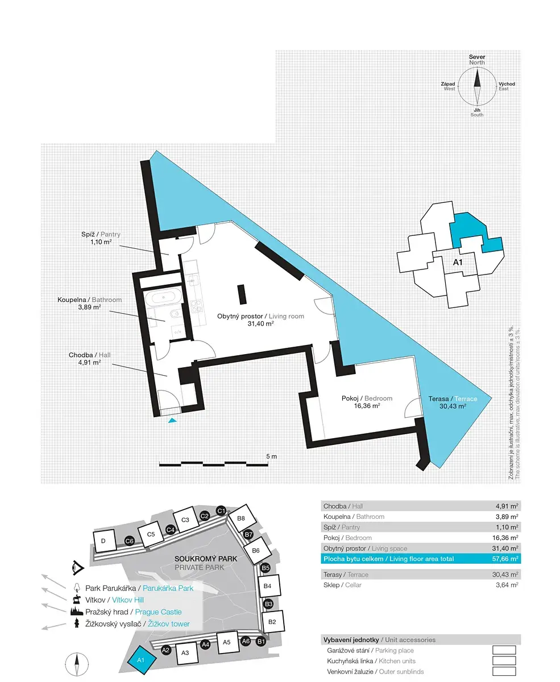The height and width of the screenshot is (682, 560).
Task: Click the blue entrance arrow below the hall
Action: [x=172, y=421]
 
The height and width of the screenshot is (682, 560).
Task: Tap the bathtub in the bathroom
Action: [x=163, y=297]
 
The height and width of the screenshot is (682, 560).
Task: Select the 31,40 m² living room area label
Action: [x=261, y=324]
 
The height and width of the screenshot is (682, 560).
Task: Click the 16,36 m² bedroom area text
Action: [x=367, y=406]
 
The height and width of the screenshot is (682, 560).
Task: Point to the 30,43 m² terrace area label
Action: [x=453, y=406]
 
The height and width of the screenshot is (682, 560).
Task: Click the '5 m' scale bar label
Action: [x=271, y=456]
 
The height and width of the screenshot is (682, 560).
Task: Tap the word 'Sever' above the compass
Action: [x=477, y=57]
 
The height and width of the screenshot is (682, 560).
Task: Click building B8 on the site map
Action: [x=242, y=518]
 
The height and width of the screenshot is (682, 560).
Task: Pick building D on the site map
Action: [x=104, y=540]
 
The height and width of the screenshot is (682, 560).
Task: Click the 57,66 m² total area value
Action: [x=505, y=559]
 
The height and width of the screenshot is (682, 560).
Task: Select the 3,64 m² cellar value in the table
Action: [x=507, y=585]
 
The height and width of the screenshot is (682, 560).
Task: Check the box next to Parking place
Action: [x=504, y=650]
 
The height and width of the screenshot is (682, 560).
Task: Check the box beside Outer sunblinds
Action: [x=504, y=671]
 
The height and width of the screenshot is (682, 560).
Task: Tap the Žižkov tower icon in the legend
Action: [x=77, y=623]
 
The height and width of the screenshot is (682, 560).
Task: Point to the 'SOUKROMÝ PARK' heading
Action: [x=206, y=559]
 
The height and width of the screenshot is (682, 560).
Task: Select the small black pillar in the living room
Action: [x=242, y=294]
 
